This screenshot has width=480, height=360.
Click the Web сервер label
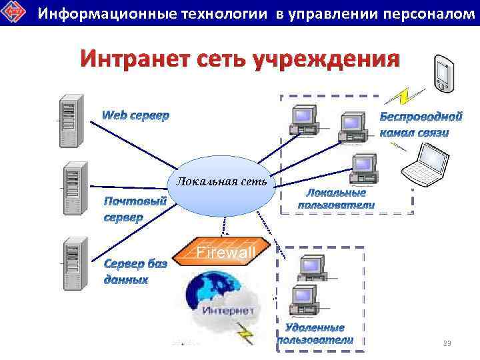pyautogui.click(x=135, y=115)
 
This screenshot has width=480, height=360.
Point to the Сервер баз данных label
pyautogui.click(x=135, y=271)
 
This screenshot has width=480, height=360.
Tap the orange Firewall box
pyautogui.click(x=225, y=252)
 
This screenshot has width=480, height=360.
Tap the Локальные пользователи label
pyautogui.click(x=336, y=199)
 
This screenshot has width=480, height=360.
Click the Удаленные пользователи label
pyautogui.click(x=315, y=333)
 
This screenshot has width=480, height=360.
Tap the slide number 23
pyautogui.click(x=447, y=343)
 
